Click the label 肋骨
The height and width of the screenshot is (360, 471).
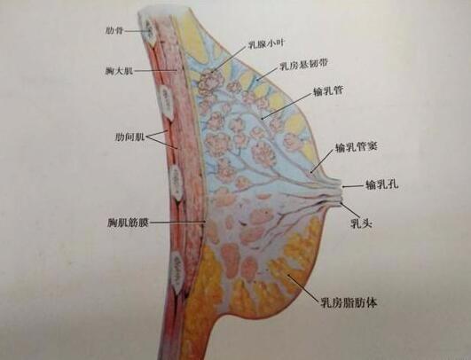pos(114,31)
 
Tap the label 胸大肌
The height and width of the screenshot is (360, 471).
pos(119,71)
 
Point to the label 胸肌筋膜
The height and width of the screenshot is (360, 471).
pos(128,223)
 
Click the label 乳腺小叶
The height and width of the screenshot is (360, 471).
pos(266,44)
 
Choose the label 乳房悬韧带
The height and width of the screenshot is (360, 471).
pos(303,65)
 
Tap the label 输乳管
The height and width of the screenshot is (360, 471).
pos(328,91)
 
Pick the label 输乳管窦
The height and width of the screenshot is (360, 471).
pos(356,147)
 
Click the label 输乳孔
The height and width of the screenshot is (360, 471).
pos(382,184)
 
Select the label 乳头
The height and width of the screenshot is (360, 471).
pos(362,223)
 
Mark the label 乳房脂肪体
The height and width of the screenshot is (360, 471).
pos(349,302)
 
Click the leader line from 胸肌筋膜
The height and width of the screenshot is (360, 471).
pos(177,223)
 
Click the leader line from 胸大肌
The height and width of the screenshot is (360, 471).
pos(155,71)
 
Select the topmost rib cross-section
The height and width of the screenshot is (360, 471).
pos(150,31)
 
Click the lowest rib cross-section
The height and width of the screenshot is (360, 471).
pos(177,271)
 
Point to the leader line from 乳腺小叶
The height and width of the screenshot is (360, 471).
pos(229,59)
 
